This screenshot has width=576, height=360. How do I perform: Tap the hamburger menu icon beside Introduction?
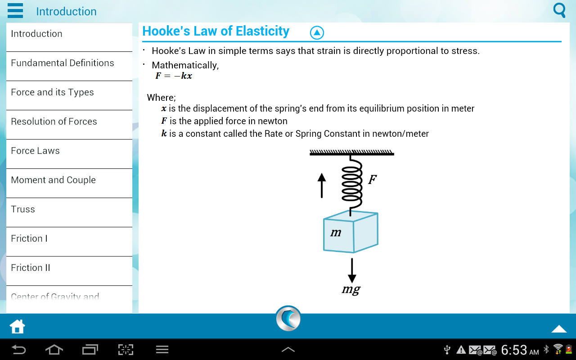point(15,10)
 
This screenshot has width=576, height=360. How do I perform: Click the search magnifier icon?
point(559,10)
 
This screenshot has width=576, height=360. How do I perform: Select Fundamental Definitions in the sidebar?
point(62,63)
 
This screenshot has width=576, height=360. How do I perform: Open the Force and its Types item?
point(52,93)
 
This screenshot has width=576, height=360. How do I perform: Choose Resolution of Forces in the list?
point(54,121)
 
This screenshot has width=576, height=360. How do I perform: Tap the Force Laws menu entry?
point(35,151)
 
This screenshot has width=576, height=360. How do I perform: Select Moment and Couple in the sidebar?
point(53,180)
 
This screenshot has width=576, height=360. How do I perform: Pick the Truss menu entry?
point(23,209)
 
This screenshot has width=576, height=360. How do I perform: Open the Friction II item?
point(30,268)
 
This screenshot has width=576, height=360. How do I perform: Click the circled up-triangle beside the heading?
point(317,33)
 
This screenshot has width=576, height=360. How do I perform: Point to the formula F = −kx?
point(174,76)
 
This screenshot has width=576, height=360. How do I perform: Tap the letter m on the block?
point(336,233)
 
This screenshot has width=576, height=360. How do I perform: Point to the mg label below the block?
point(351,290)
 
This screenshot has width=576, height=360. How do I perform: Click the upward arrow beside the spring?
point(322,185)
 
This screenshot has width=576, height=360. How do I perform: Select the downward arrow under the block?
point(352,271)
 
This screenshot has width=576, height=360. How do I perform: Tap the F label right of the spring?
point(372,179)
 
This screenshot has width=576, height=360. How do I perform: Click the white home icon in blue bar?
point(17,327)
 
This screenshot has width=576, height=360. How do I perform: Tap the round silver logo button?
point(288,318)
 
